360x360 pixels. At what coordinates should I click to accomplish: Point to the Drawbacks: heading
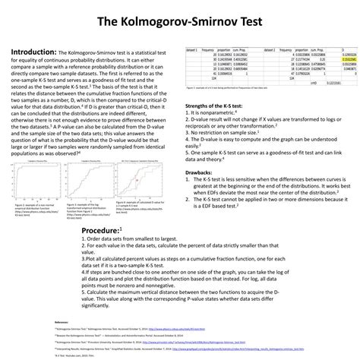pos(201,151)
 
